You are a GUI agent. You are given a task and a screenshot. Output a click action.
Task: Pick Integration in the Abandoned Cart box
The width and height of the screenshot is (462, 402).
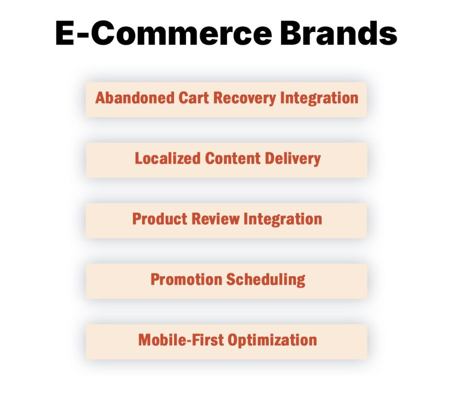click(319, 98)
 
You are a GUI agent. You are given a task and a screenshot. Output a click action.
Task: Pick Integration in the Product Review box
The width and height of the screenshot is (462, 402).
click(283, 219)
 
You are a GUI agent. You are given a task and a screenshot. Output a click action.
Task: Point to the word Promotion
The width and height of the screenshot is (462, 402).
click(186, 279)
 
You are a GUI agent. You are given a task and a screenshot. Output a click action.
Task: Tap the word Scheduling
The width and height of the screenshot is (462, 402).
click(266, 280)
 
